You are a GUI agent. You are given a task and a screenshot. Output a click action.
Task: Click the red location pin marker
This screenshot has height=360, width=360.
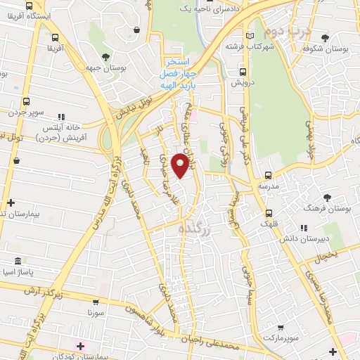181,167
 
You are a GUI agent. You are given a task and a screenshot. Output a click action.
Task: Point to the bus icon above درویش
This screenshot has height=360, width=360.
243,71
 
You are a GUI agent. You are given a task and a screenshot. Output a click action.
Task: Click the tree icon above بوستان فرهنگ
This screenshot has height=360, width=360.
326,198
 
